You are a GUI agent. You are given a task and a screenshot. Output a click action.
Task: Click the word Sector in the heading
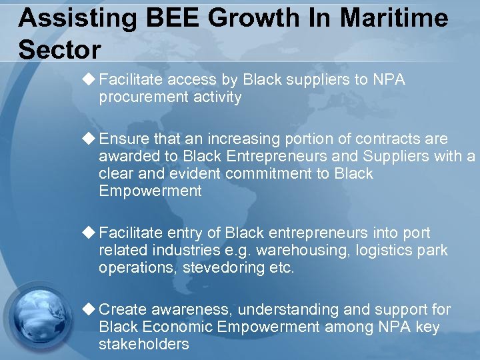pyautogui.click(x=60, y=49)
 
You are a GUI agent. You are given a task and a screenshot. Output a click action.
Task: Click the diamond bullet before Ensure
pyautogui.click(x=89, y=139)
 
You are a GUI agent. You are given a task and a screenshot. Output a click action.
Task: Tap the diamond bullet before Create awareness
pyautogui.click(x=89, y=309)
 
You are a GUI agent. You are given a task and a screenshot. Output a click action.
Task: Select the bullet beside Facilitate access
pyautogui.click(x=89, y=79)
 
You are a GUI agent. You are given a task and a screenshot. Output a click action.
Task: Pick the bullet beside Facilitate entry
pyautogui.click(x=89, y=233)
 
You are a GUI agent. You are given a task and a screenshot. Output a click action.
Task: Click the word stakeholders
pyautogui.click(x=144, y=345)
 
